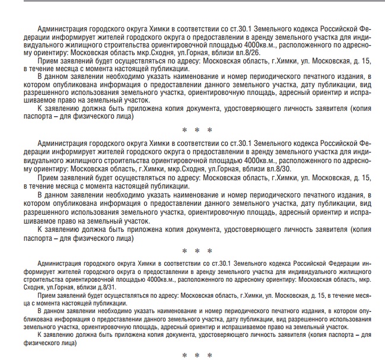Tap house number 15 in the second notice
click(x=367, y=177)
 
